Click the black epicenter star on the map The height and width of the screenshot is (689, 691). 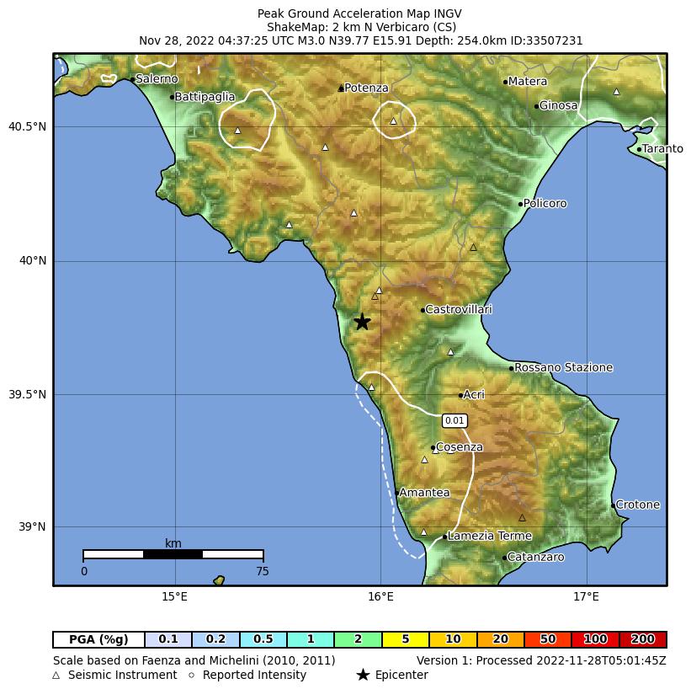(x=362, y=321)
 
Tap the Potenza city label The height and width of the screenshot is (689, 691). (x=366, y=88)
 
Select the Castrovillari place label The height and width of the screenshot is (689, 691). (x=459, y=310)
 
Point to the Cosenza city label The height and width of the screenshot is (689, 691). (x=460, y=447)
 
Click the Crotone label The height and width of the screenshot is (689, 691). (x=638, y=505)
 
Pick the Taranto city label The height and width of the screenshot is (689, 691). (x=662, y=149)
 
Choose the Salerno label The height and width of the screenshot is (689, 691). (x=157, y=79)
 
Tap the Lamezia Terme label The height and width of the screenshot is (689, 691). (x=490, y=536)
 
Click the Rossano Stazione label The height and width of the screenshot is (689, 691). (x=563, y=367)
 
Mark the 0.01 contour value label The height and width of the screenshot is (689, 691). (x=454, y=420)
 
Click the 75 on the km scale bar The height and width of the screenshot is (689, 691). (x=263, y=571)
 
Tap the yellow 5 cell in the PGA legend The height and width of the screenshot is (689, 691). (x=405, y=639)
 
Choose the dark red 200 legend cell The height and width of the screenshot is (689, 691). (x=643, y=639)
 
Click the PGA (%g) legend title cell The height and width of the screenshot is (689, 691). (x=98, y=639)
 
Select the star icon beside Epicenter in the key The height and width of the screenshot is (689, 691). (x=363, y=675)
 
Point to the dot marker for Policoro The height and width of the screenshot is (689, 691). (x=520, y=204)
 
